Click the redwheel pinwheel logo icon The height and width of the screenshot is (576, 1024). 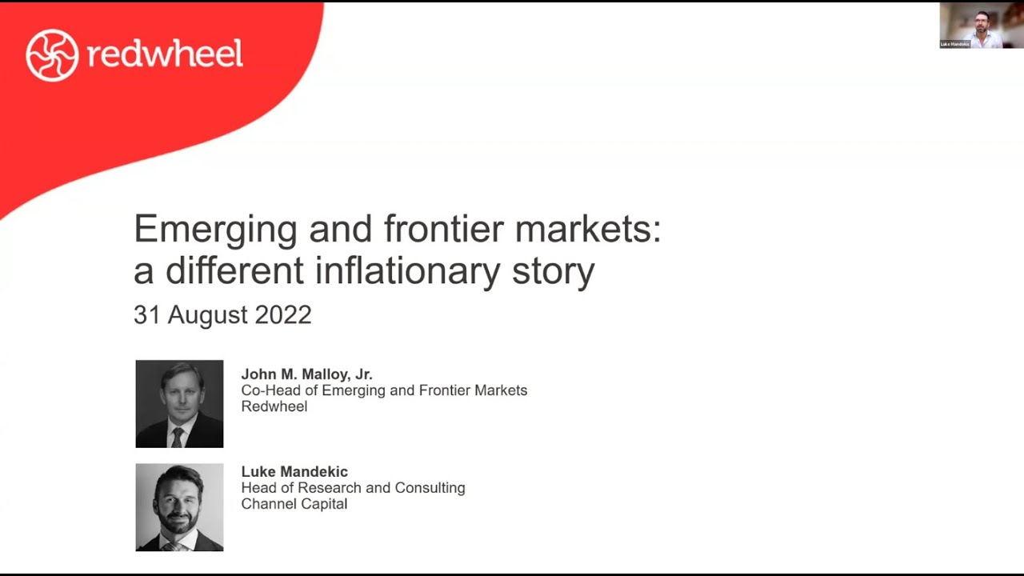click(x=52, y=55)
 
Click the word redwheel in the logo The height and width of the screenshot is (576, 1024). click(x=165, y=54)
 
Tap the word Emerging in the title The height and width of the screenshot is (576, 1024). click(x=215, y=230)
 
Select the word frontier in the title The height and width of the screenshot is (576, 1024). click(x=445, y=230)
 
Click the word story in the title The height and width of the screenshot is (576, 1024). click(x=554, y=271)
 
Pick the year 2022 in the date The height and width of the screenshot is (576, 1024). click(x=283, y=314)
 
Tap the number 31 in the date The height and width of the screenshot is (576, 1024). click(x=147, y=314)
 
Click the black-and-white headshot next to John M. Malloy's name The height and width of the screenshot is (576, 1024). click(x=179, y=404)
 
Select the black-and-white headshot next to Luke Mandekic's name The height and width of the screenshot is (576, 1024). click(x=179, y=507)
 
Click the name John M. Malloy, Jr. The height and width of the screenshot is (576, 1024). click(x=307, y=374)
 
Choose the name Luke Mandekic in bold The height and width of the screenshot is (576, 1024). click(x=294, y=472)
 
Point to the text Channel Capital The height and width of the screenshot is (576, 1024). click(x=294, y=504)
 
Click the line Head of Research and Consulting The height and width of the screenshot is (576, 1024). click(x=353, y=488)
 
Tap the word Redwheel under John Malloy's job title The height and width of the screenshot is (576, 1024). click(x=274, y=406)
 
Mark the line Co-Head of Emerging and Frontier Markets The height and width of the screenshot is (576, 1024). click(x=384, y=390)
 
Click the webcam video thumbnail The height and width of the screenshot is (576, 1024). click(x=980, y=26)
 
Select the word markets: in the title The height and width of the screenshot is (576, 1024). click(x=588, y=230)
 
